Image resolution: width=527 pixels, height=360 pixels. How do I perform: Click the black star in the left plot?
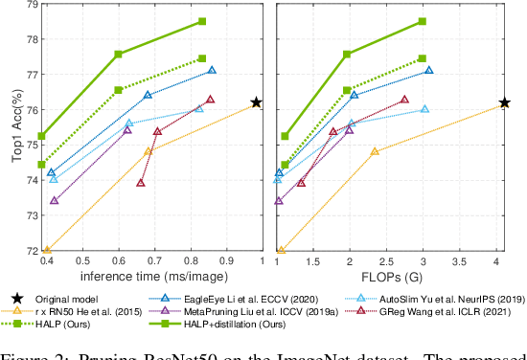click(256, 102)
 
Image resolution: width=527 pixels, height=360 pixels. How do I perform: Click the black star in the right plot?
click(504, 102)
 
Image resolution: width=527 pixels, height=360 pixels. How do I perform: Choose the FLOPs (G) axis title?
click(389, 278)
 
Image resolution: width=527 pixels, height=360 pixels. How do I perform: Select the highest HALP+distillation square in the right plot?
click(423, 21)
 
